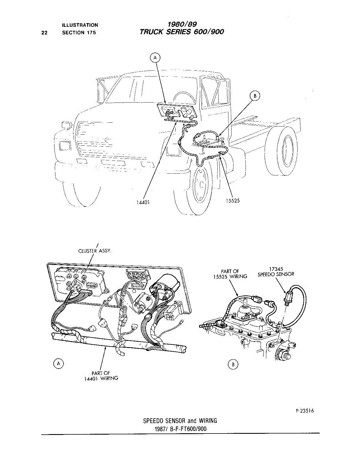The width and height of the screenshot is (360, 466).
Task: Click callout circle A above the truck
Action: [x=155, y=58]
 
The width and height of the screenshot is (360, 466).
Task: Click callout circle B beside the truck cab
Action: [x=255, y=96]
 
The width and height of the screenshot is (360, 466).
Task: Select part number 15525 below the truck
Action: [x=233, y=201]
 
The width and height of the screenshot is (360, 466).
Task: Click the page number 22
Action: [x=45, y=32]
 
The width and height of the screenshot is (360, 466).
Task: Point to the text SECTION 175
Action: [x=79, y=32]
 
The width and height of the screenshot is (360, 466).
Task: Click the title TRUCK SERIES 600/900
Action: [x=182, y=32]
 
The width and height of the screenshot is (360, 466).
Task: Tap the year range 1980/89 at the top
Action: [x=182, y=25]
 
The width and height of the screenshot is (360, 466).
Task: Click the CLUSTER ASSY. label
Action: [x=95, y=251]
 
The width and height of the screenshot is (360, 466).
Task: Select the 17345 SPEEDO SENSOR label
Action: [x=276, y=271]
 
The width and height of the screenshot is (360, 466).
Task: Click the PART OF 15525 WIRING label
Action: [x=230, y=274]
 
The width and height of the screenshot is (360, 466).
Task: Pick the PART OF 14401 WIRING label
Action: [x=101, y=376]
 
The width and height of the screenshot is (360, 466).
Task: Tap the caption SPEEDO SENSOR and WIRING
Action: [x=180, y=421]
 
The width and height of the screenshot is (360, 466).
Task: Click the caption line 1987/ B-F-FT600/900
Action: [x=180, y=429]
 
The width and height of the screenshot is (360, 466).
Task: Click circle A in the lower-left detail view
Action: [x=59, y=364]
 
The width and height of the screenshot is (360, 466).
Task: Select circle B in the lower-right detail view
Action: [x=233, y=364]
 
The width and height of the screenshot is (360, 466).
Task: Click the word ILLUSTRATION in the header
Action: [x=80, y=25]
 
